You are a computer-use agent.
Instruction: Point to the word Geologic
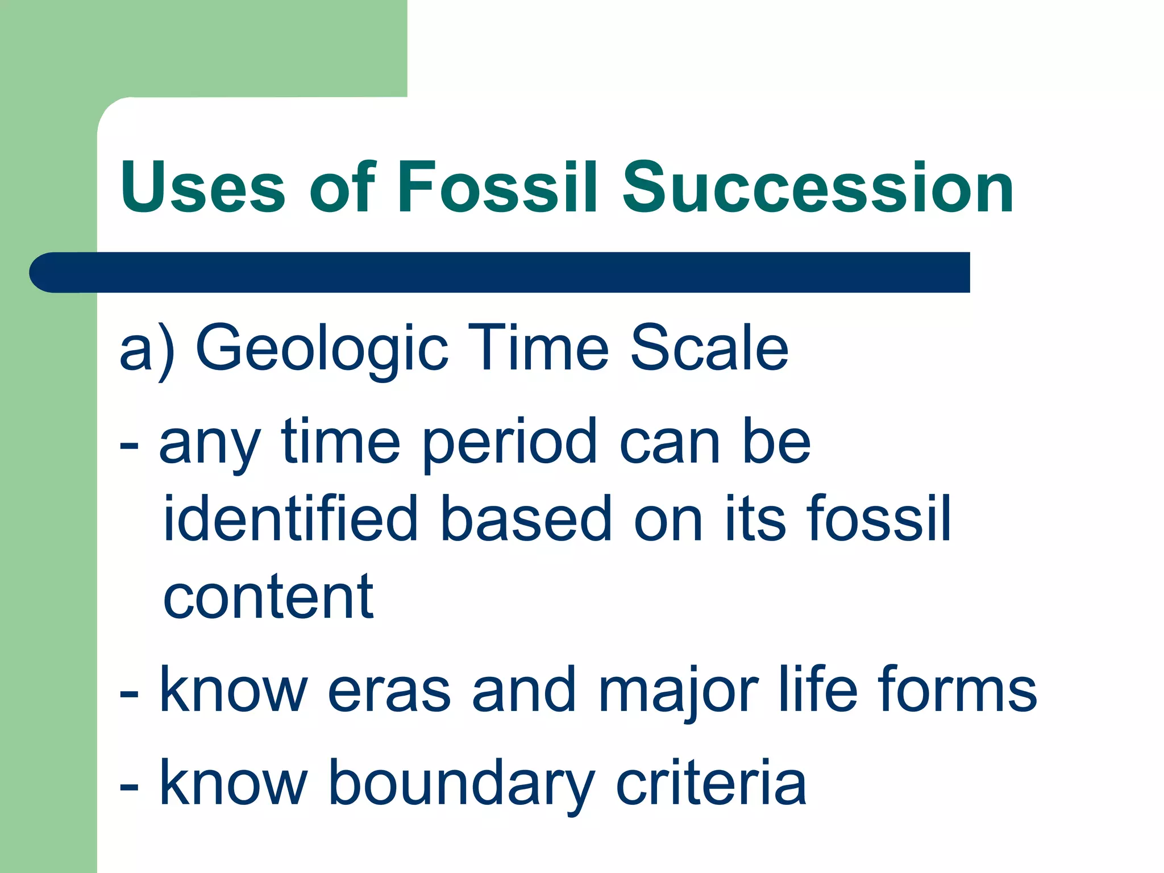click(x=322, y=348)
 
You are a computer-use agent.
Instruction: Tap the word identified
click(x=290, y=518)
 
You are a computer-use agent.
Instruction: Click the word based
click(x=526, y=518)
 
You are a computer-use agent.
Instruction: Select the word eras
click(x=389, y=690)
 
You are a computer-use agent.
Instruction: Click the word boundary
click(x=461, y=784)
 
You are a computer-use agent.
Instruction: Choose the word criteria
click(x=710, y=784)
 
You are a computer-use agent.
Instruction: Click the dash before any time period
click(x=129, y=447)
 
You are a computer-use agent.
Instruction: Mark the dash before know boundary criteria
click(x=129, y=788)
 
